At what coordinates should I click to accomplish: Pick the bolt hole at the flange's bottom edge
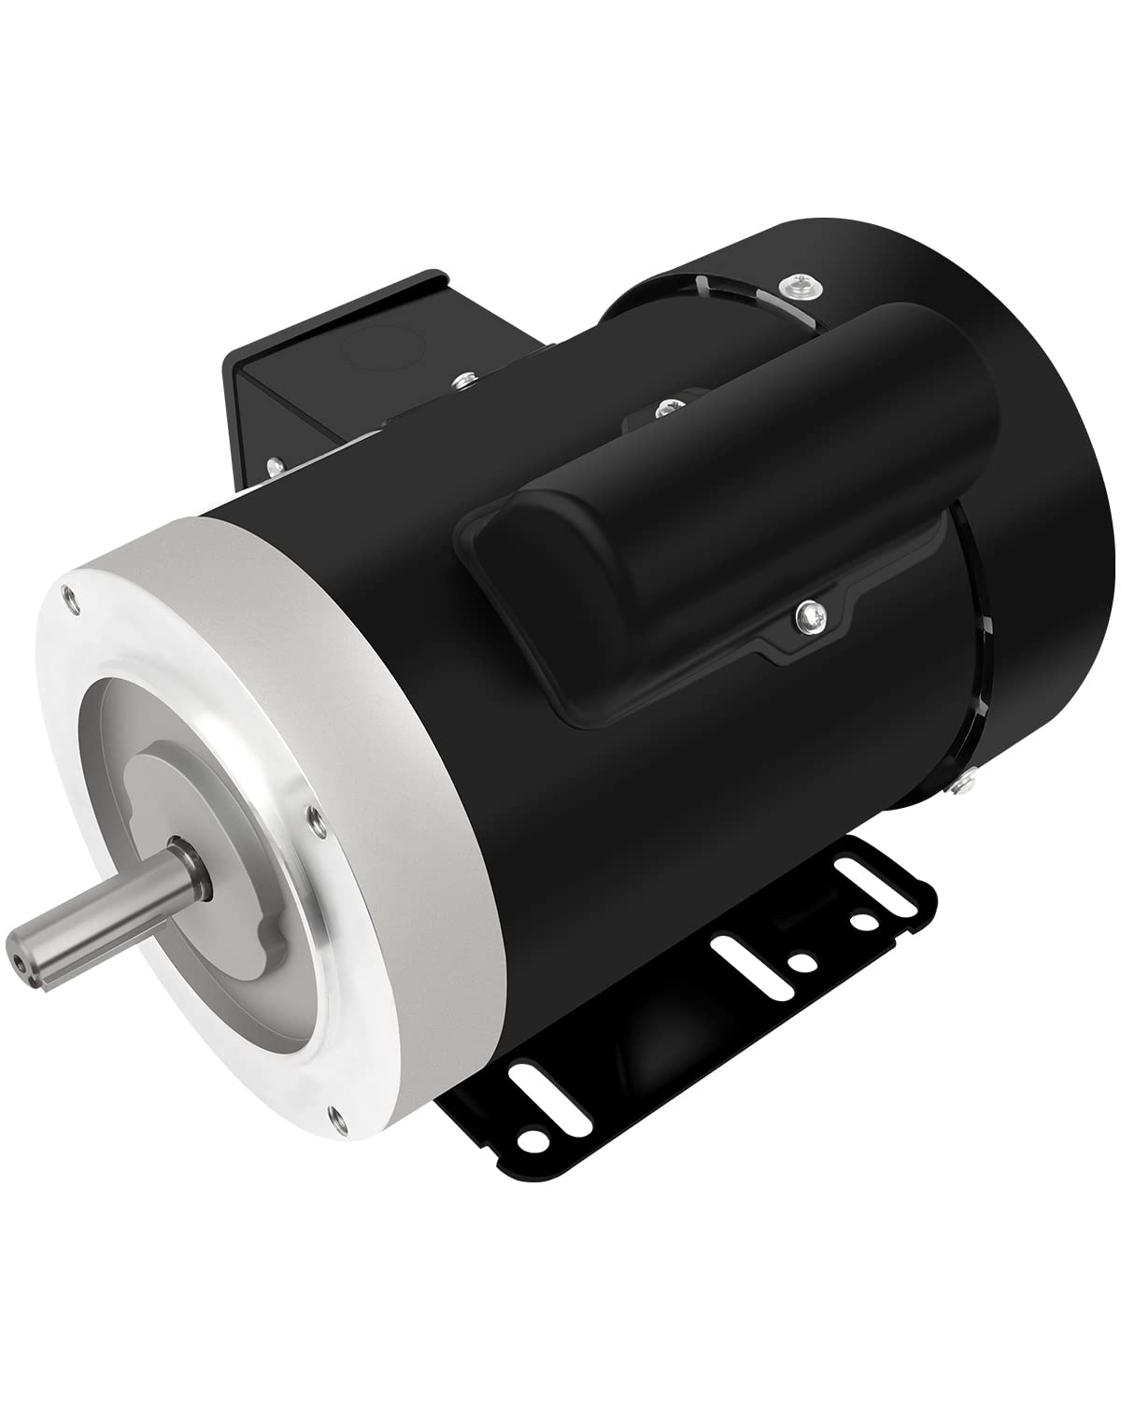(334, 1111)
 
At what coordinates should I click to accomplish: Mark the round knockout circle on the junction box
(371, 355)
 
